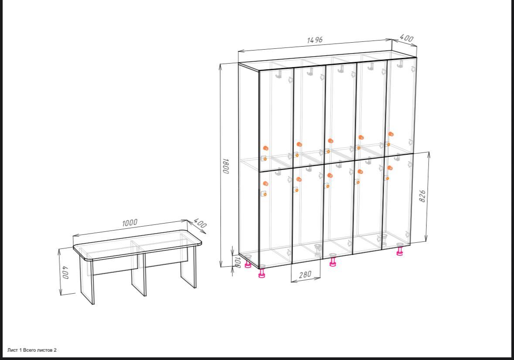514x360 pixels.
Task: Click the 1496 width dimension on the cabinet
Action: (315, 40)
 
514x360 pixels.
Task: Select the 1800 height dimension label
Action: (225, 166)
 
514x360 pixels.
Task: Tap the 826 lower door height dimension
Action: (422, 196)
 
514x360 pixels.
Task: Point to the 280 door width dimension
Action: (305, 274)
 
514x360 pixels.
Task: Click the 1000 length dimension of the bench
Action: (129, 223)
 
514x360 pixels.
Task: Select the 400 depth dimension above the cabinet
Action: (406, 38)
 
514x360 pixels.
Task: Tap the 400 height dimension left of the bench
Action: (65, 272)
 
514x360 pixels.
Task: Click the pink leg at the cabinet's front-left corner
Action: (262, 273)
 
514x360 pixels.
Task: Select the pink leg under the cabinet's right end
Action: (400, 251)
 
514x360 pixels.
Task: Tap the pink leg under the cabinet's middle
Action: (332, 262)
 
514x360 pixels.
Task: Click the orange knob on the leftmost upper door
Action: (266, 148)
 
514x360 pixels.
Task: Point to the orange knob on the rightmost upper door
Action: (391, 134)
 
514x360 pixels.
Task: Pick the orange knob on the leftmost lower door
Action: (265, 183)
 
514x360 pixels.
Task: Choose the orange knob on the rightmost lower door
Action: (390, 168)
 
